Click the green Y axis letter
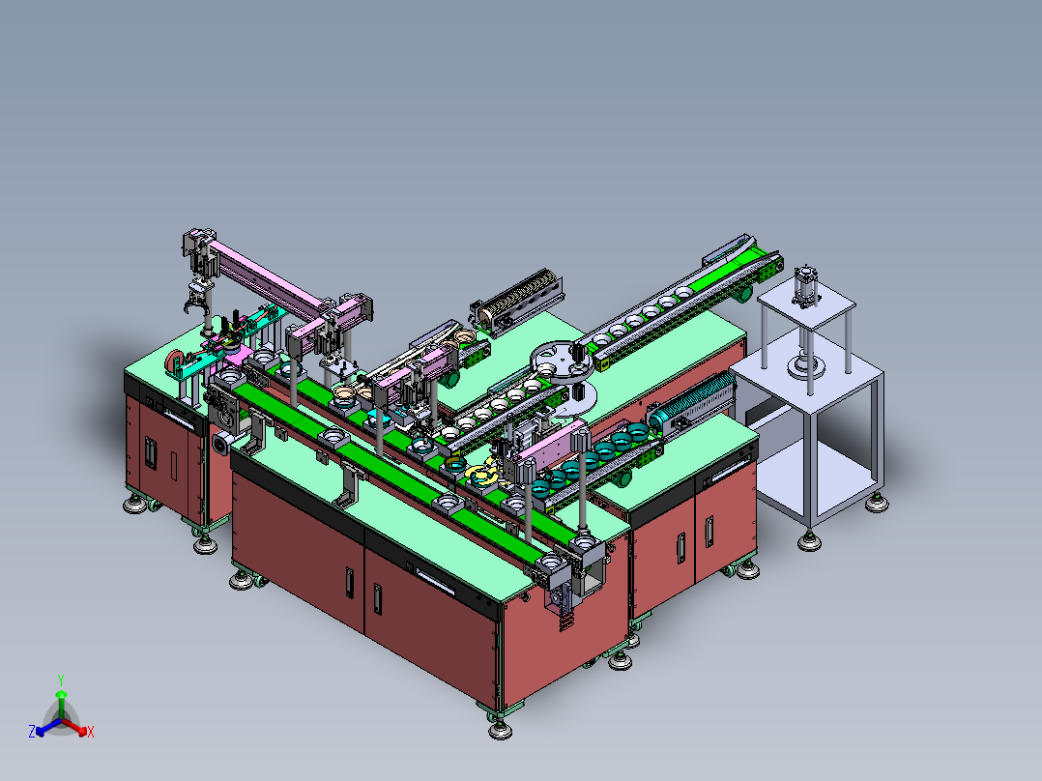pyautogui.click(x=61, y=680)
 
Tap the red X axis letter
pyautogui.click(x=91, y=732)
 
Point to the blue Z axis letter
pyautogui.click(x=31, y=732)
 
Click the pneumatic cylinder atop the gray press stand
pyautogui.click(x=806, y=286)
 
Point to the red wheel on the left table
pyautogui.click(x=174, y=361)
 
